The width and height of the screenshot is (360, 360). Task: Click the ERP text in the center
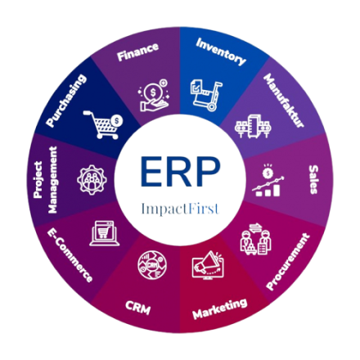[180, 172]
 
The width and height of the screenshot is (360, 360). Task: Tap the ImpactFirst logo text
[180, 209]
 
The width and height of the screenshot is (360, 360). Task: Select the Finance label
[137, 52]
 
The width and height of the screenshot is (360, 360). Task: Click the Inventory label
[221, 52]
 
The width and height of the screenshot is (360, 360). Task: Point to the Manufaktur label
[284, 101]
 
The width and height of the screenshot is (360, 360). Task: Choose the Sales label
[313, 179]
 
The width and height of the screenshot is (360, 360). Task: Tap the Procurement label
[288, 262]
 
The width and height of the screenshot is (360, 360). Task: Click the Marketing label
[220, 308]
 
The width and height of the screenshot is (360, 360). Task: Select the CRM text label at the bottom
[138, 308]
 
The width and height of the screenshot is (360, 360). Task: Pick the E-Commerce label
[70, 255]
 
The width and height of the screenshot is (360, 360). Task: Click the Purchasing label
[66, 101]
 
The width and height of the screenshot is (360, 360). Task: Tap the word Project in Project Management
[38, 179]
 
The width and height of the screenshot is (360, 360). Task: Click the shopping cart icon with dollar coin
[103, 124]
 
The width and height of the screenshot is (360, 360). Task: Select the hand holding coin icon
[154, 95]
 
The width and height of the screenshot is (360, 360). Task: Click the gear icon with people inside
[92, 180]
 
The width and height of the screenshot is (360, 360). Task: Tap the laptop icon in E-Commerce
[105, 233]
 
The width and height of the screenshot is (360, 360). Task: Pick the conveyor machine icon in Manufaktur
[253, 126]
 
